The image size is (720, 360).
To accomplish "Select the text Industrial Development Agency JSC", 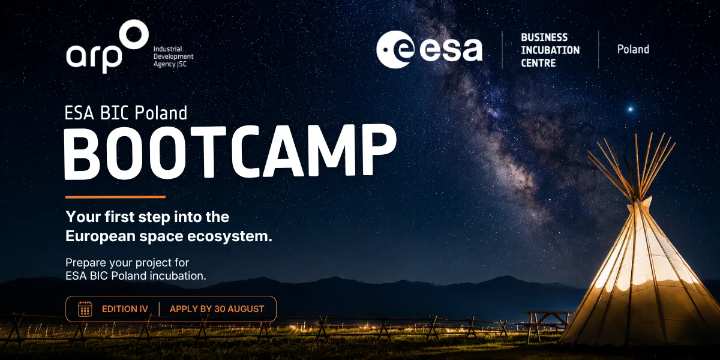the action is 173,56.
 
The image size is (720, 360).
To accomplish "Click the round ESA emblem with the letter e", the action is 395,49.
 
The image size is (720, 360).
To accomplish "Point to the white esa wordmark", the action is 451,49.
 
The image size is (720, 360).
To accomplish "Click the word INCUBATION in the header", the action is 550,50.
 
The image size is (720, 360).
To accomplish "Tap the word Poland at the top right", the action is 633,49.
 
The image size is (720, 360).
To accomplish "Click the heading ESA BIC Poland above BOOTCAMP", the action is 125,113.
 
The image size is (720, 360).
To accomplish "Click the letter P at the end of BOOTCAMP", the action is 380,150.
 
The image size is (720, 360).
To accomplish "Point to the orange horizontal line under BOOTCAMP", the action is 115,197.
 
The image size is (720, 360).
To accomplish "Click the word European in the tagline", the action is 100,236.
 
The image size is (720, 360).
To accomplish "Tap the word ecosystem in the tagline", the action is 229,236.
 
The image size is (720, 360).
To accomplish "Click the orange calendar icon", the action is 85,309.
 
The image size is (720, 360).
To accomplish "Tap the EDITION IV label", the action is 125,309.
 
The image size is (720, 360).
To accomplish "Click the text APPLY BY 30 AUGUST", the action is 217,309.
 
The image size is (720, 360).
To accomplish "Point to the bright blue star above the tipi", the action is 631,109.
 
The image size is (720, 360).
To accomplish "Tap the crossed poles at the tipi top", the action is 632,167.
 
